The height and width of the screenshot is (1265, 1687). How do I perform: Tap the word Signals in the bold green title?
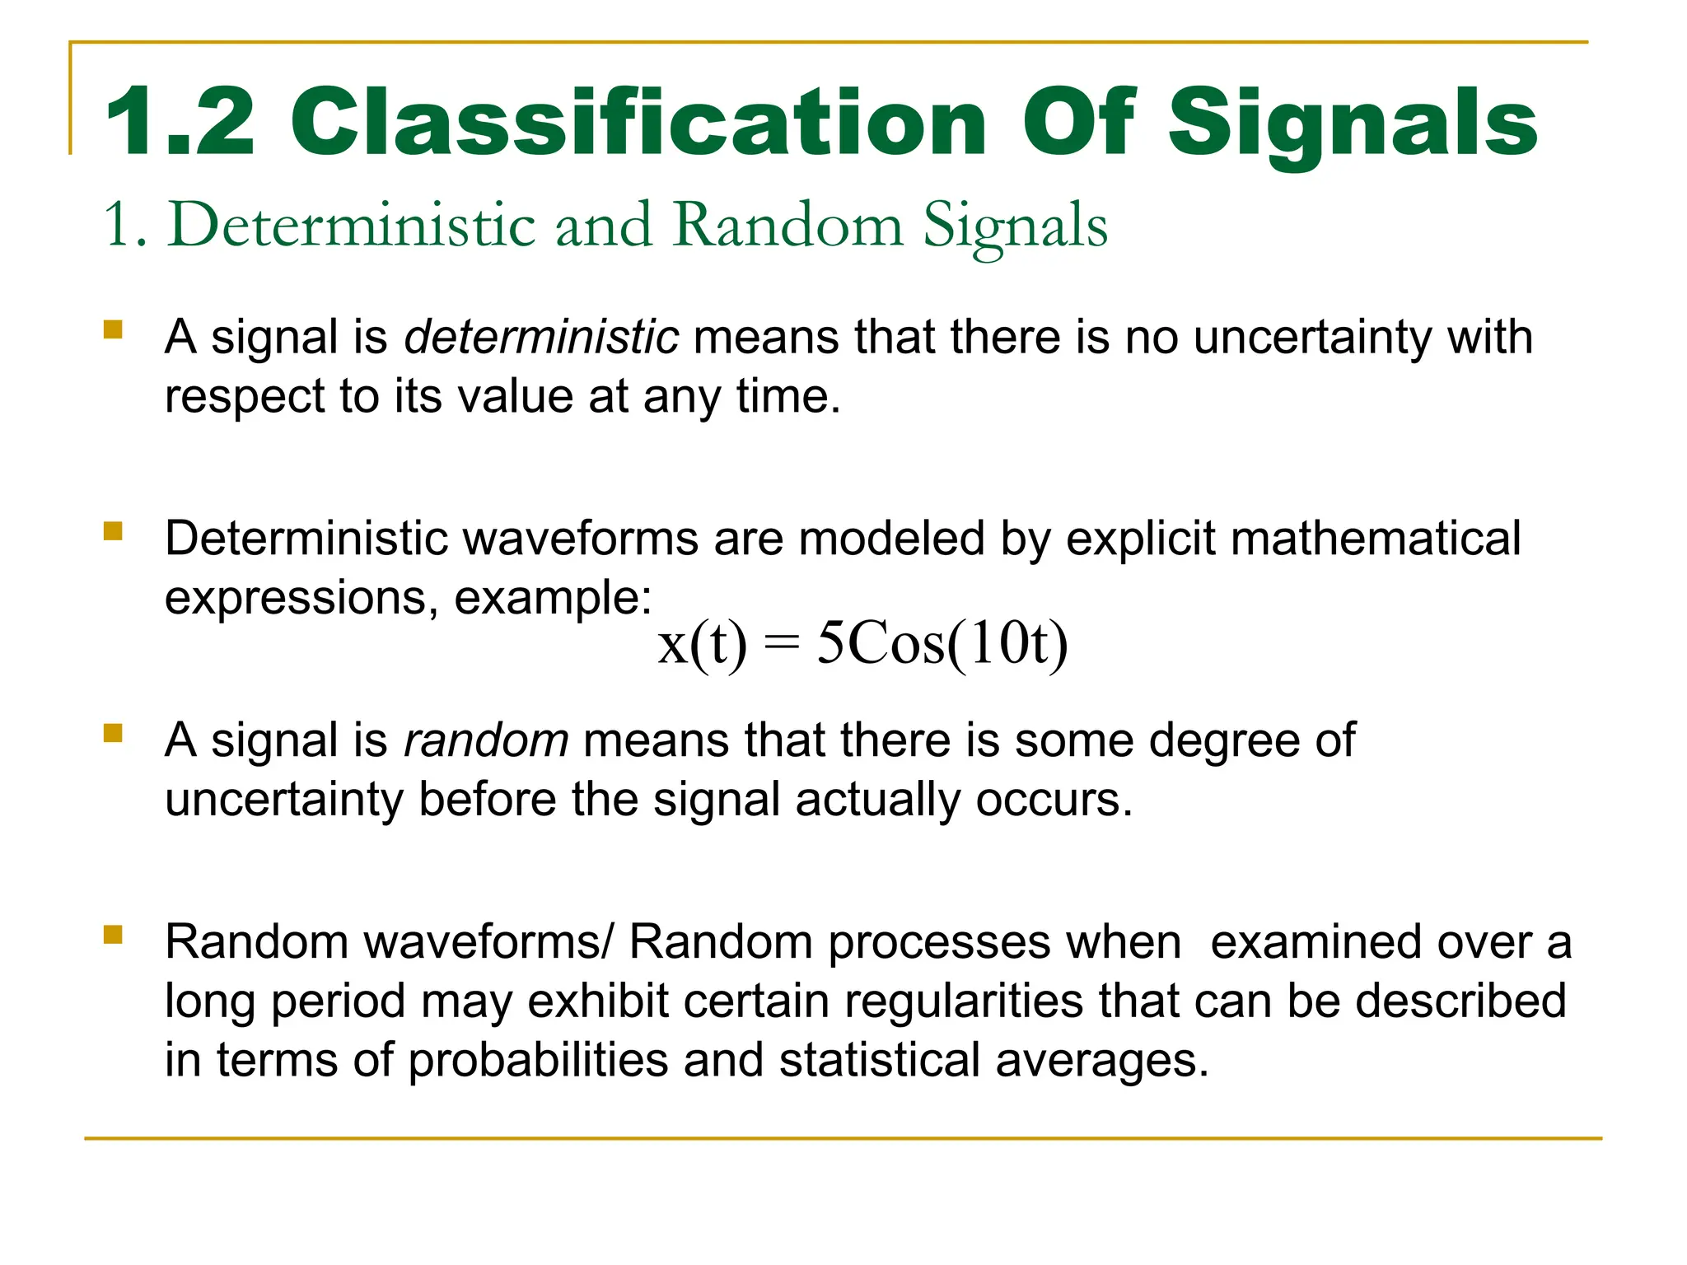coord(1353,124)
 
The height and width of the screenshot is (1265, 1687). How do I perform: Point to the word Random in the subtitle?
coord(787,225)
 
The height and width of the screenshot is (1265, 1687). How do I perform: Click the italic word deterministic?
coord(541,337)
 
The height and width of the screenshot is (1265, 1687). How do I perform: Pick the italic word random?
coord(486,740)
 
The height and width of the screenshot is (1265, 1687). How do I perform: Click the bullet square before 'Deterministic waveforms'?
coord(113,531)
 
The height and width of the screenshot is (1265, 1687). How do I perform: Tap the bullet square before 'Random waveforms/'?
coord(113,935)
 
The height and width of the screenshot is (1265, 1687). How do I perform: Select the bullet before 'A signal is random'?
coord(113,733)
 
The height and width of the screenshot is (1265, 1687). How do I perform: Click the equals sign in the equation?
coord(782,644)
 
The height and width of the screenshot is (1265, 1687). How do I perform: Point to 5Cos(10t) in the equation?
coord(942,644)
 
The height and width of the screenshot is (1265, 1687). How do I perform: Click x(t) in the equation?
coord(703,644)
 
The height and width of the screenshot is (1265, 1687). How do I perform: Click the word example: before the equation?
coord(553,598)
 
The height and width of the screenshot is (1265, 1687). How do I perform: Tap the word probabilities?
coord(538,1060)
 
